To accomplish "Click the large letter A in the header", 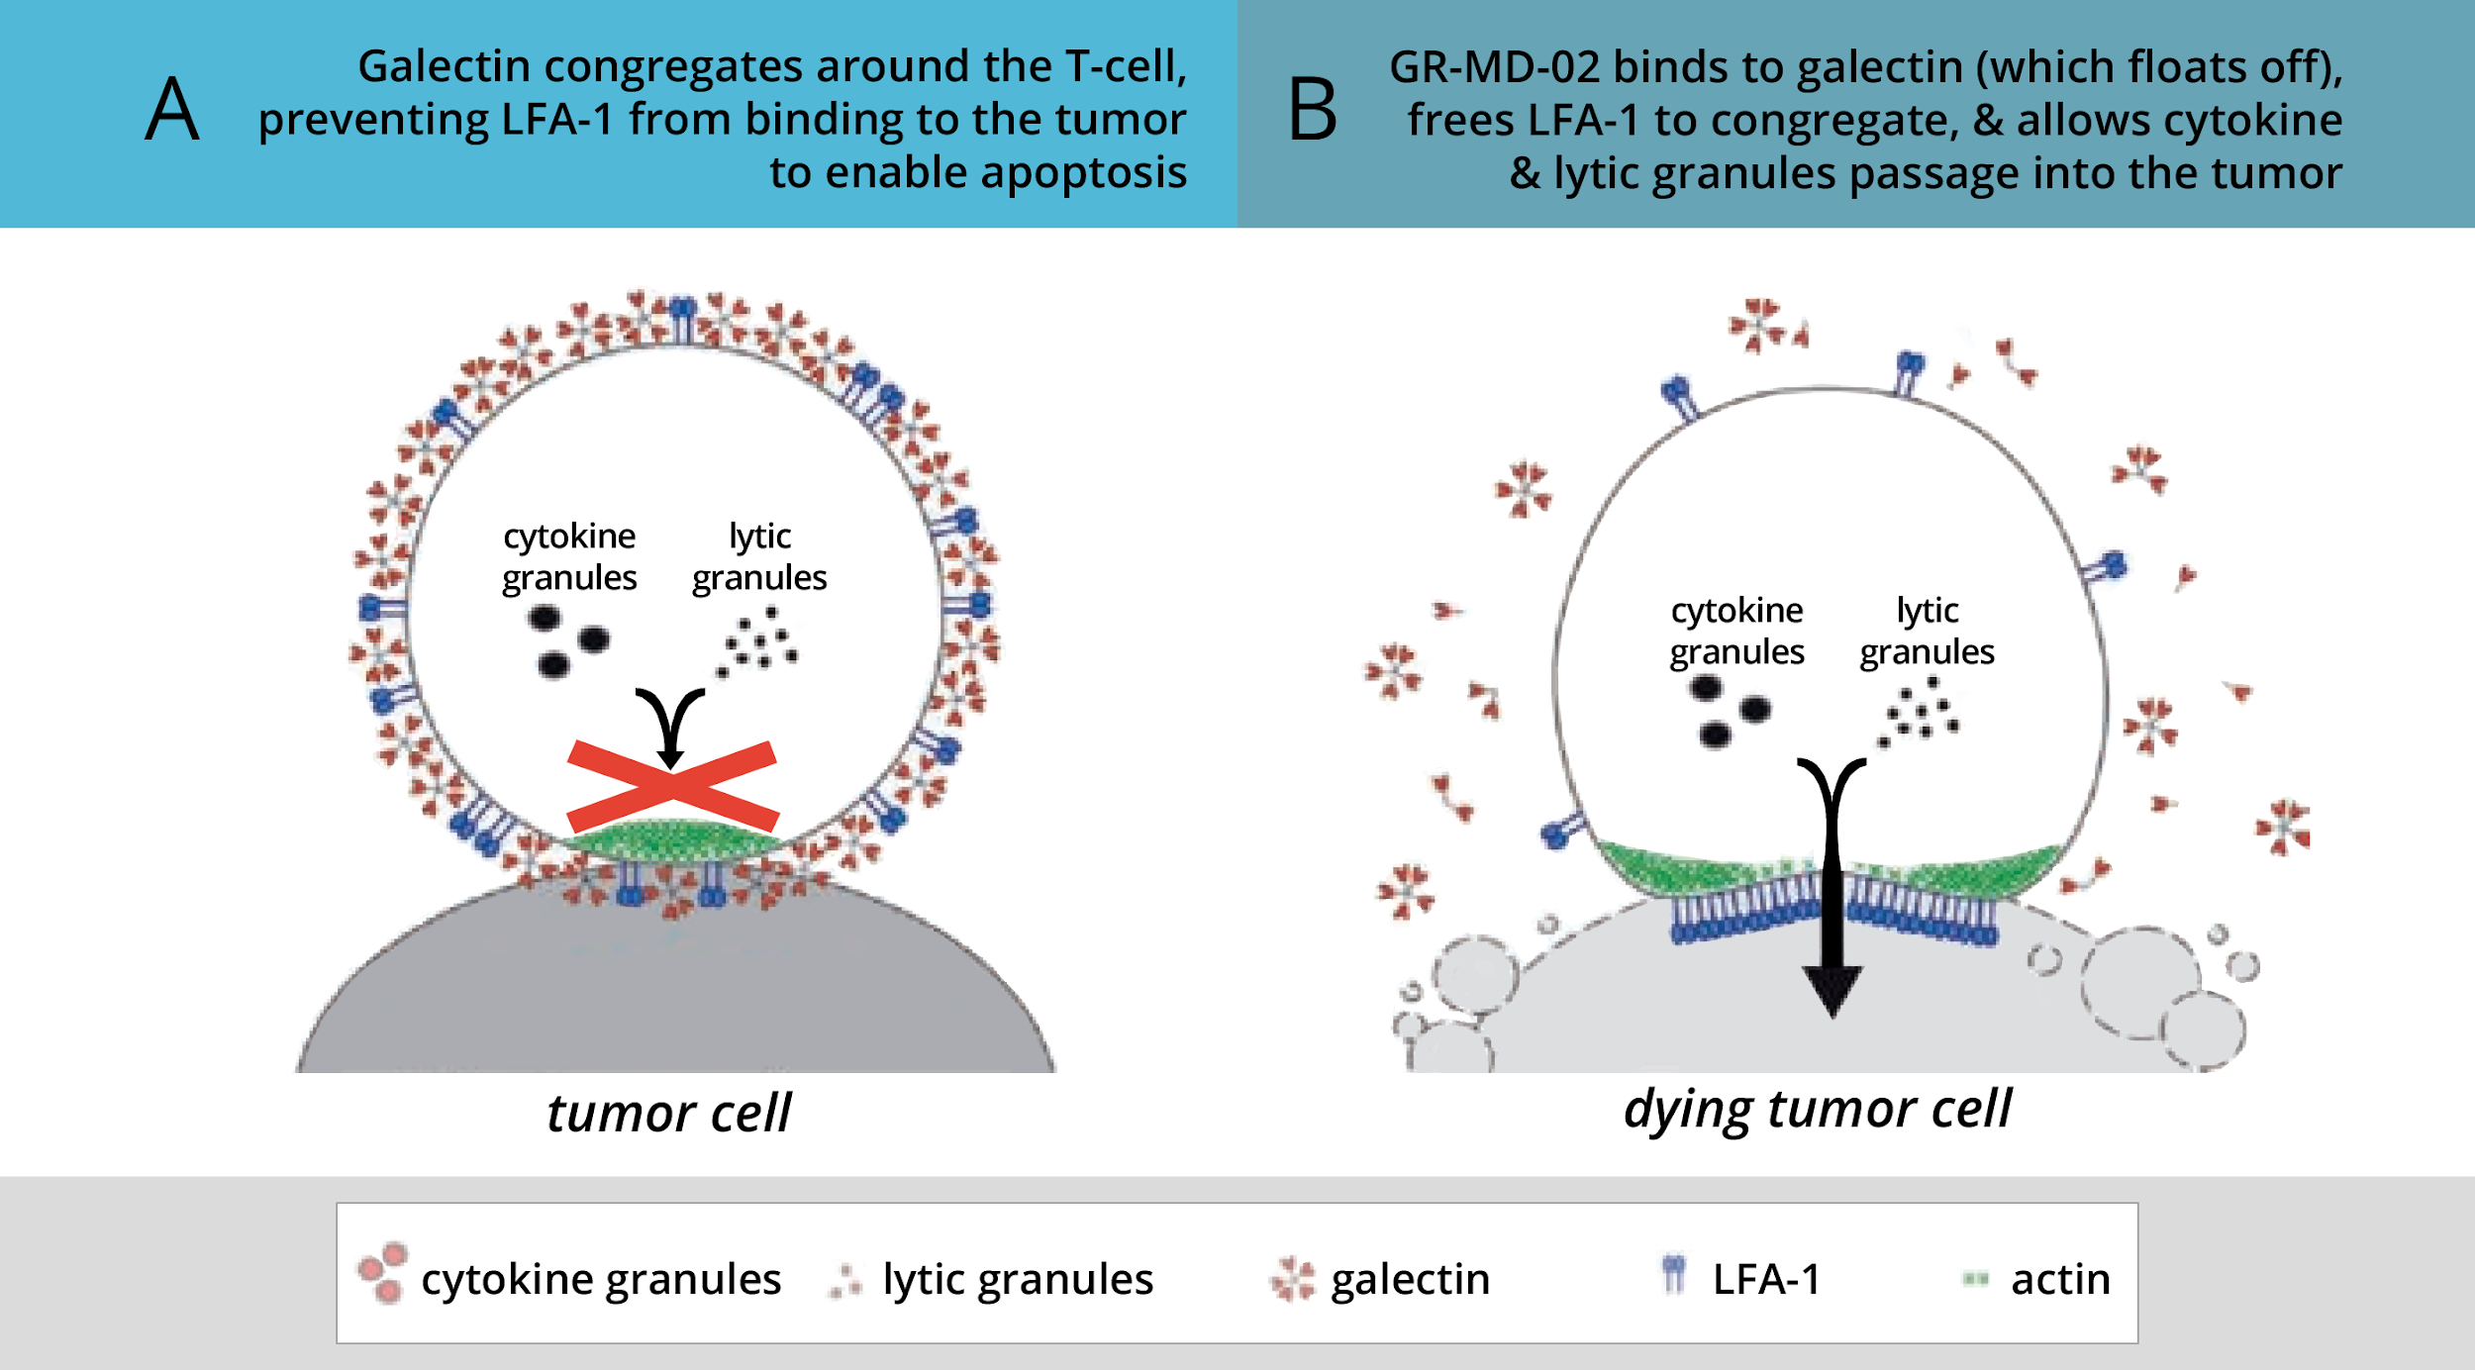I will point(172,109).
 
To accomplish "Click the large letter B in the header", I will point(1312,110).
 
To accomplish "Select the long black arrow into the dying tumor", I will point(1831,891).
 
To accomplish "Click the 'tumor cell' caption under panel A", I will point(668,1113).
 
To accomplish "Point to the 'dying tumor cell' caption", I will point(1817,1108).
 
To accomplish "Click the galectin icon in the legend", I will point(1292,1279).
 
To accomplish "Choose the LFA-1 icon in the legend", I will point(1673,1274).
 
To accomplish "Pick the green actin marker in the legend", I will point(1975,1279).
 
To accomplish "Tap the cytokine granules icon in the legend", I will point(383,1272).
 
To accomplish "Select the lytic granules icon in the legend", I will point(844,1281).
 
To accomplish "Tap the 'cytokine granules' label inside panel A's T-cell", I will point(569,556).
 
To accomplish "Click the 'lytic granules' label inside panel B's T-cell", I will point(1927,631).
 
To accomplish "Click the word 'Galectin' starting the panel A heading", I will point(445,66).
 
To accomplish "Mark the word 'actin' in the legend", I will point(2060,1279).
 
